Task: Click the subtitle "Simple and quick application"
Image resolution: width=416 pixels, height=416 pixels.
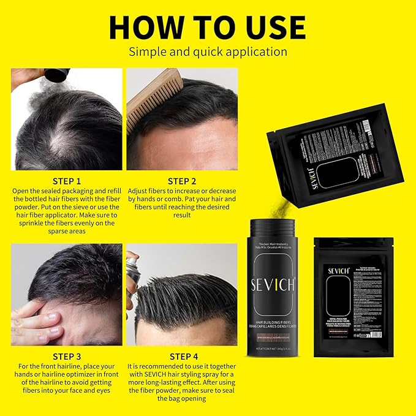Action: (207, 51)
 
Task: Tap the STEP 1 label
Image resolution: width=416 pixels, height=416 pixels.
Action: (66, 181)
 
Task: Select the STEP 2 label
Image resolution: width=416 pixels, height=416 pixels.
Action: (183, 181)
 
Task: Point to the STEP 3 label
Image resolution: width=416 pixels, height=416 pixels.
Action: (66, 356)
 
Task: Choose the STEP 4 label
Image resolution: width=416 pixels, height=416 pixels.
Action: (183, 356)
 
